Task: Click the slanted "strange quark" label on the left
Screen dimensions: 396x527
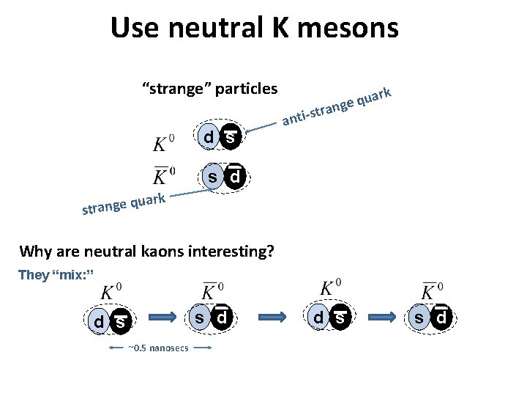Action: click(x=125, y=205)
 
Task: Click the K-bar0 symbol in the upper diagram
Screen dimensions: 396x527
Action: click(x=163, y=177)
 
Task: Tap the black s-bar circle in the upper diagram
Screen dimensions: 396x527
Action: click(x=231, y=137)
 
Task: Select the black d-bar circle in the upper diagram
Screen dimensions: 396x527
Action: click(x=234, y=177)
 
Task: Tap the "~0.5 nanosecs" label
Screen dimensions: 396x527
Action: click(x=158, y=348)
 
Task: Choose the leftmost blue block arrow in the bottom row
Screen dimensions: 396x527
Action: click(x=164, y=318)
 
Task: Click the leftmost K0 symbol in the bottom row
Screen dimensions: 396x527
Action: click(x=111, y=292)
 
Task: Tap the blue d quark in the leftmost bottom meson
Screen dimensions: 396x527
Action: click(x=99, y=321)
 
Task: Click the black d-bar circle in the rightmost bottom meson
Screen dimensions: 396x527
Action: click(x=441, y=319)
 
